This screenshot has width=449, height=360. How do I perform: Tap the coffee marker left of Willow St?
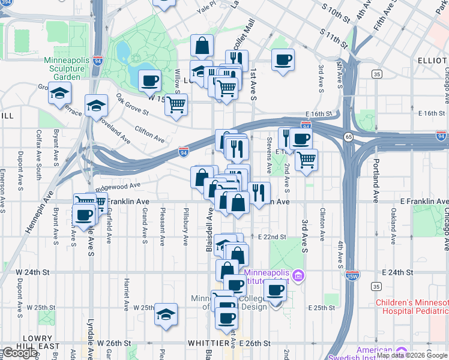click(149, 80)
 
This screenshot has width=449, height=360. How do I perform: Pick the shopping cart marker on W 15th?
click(176, 105)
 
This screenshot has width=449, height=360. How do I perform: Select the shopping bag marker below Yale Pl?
click(202, 45)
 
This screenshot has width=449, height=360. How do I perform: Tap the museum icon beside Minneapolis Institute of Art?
click(298, 276)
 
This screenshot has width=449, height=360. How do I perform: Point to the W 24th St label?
click(32, 271)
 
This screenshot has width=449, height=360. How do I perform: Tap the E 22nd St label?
click(272, 237)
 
